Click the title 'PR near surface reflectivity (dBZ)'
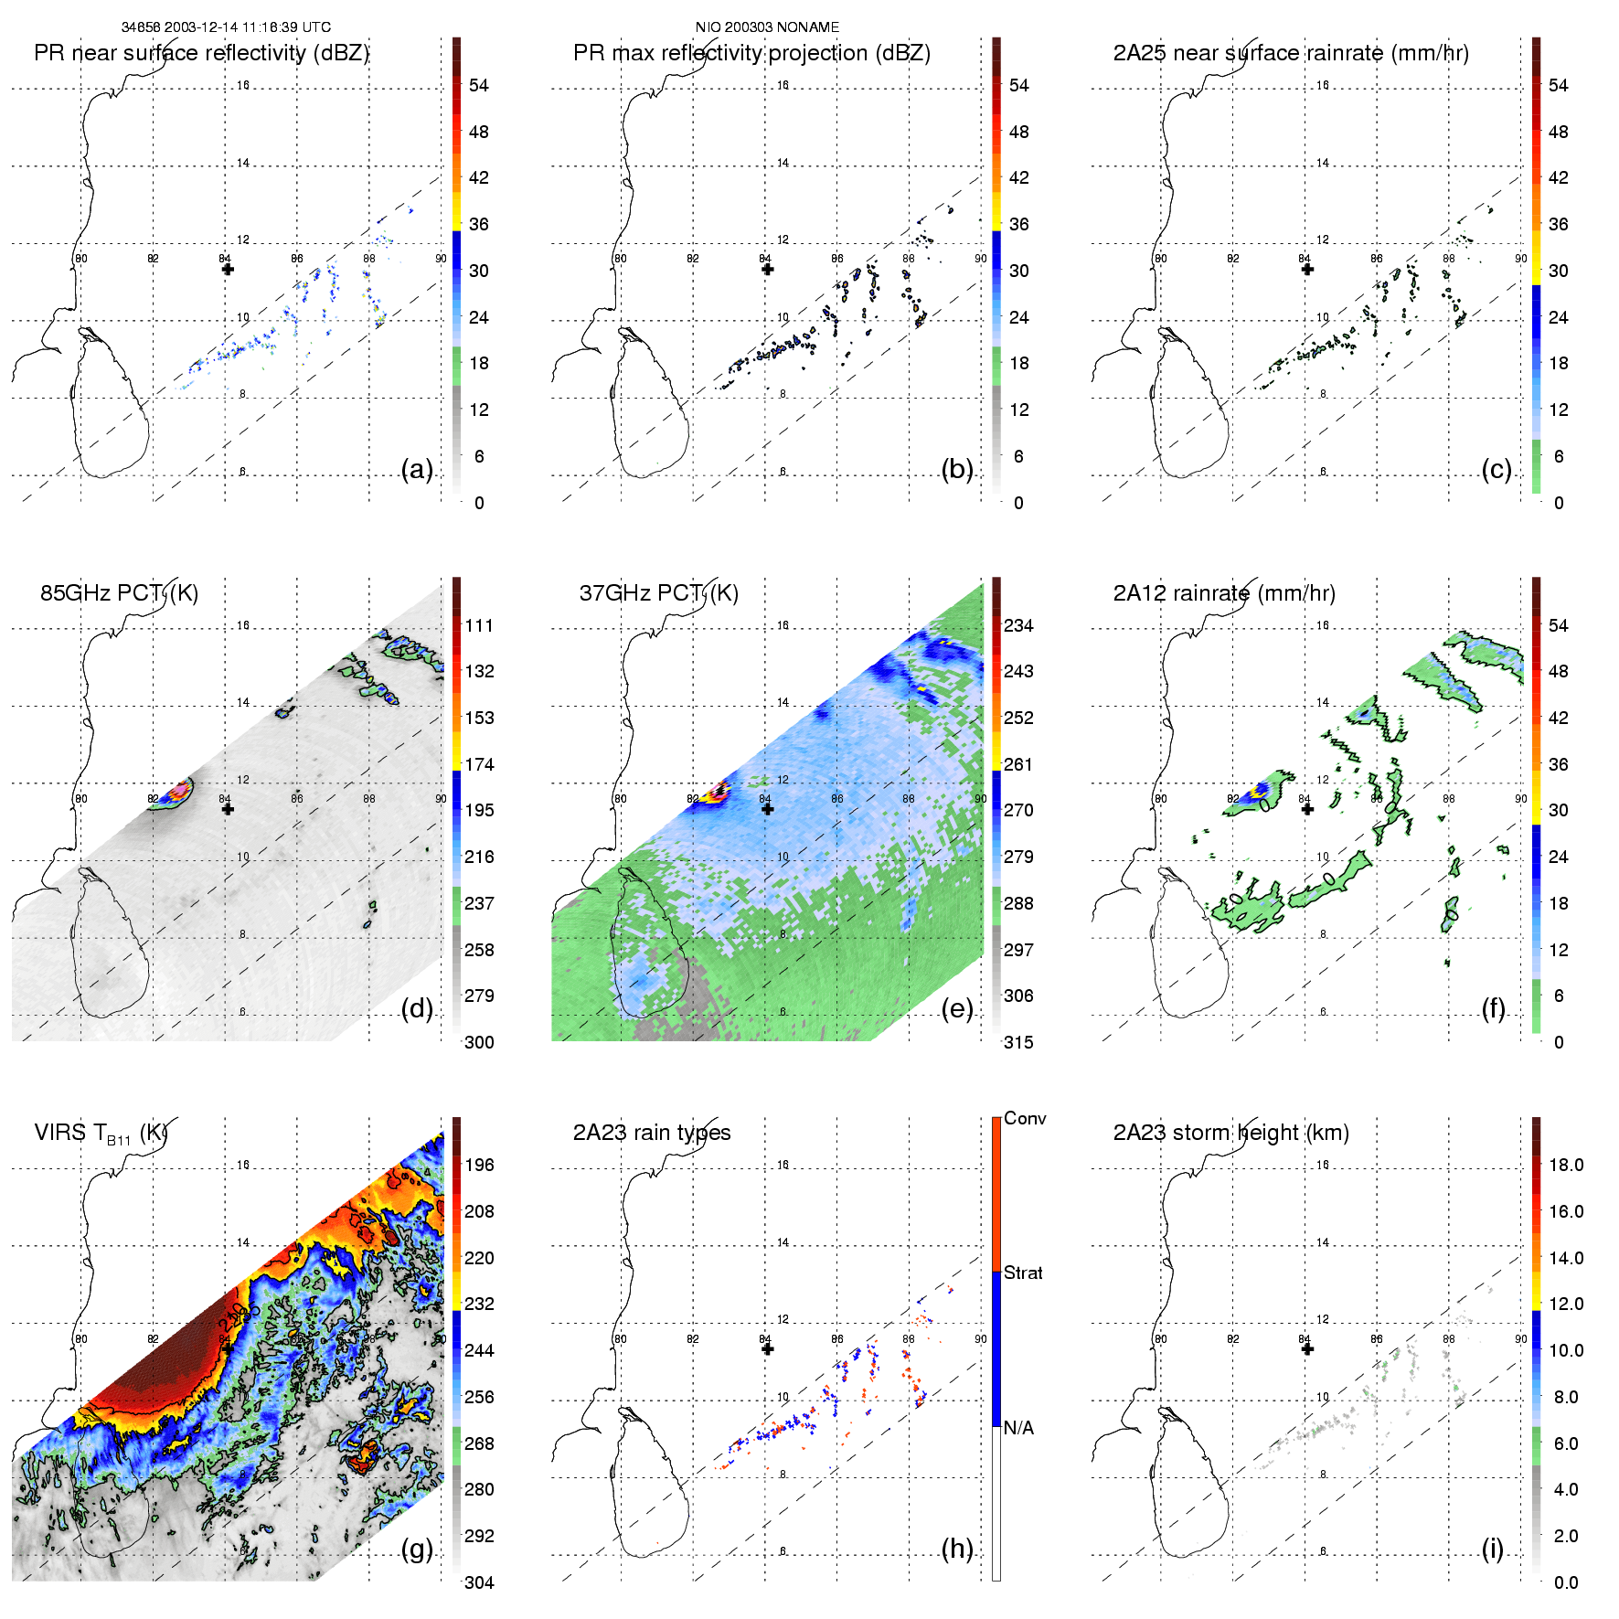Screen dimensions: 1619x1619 pyautogui.click(x=201, y=53)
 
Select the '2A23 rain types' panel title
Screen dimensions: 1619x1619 pyautogui.click(x=652, y=1133)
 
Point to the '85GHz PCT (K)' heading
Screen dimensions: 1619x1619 pyautogui.click(x=119, y=593)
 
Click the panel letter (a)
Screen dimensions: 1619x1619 pyautogui.click(x=417, y=470)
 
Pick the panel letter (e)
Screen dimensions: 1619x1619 pyautogui.click(x=957, y=1009)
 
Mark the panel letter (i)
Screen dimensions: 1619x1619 pyautogui.click(x=1492, y=1549)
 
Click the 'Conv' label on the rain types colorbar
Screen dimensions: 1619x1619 pyautogui.click(x=1025, y=1118)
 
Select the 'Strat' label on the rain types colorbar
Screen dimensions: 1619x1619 pyautogui.click(x=1023, y=1273)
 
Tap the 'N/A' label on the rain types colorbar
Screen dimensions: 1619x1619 pyautogui.click(x=1019, y=1428)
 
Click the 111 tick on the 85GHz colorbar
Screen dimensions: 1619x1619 pyautogui.click(x=479, y=625)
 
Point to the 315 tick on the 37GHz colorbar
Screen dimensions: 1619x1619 pyautogui.click(x=1018, y=1042)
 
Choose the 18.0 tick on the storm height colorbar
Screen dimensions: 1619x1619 pyautogui.click(x=1566, y=1165)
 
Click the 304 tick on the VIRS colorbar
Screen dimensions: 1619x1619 pyautogui.click(x=479, y=1582)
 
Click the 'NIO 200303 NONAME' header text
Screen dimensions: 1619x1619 pyautogui.click(x=767, y=27)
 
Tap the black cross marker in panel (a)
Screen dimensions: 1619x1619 pyautogui.click(x=228, y=269)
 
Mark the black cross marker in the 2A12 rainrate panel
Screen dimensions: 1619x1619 pyautogui.click(x=1307, y=809)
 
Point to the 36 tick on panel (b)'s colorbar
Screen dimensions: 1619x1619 pyautogui.click(x=1018, y=224)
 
